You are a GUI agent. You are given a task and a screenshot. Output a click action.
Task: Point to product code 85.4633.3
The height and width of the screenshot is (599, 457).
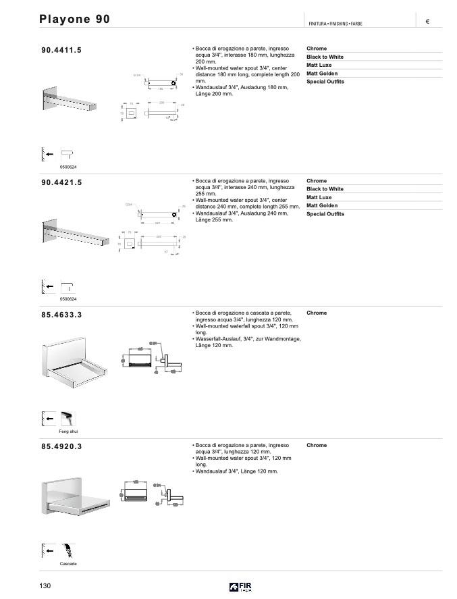pos(61,315)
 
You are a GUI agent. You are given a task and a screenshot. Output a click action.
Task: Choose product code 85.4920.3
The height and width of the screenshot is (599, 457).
pos(61,446)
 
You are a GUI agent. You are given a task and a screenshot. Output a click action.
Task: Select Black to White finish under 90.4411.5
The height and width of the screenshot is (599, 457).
pos(325,57)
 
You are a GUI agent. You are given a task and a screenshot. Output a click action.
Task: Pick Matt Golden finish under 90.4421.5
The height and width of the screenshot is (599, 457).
pos(322,205)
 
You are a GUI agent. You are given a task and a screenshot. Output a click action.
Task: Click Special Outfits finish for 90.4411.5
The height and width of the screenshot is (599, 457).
pos(325,82)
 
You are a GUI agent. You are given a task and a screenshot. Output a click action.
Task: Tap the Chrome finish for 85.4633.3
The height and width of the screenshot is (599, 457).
pos(317,313)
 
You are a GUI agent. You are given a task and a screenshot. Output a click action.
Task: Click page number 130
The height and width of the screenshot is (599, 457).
pos(45,585)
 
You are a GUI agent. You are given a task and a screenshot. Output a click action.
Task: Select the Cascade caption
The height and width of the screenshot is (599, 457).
pos(68,563)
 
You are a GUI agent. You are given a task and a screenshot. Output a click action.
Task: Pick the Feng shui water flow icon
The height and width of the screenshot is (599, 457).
pos(68,418)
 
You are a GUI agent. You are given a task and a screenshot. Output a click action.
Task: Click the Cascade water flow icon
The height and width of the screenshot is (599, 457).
pos(68,550)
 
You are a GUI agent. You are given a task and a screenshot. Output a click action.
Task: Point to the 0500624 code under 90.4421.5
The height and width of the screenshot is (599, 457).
pos(68,299)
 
